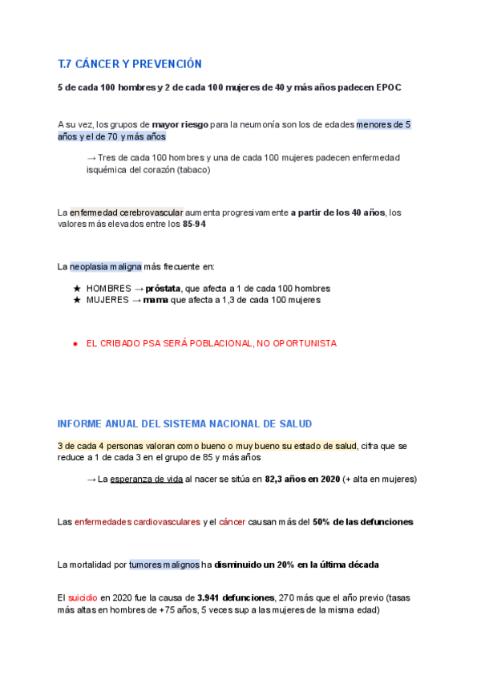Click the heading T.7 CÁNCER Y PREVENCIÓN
click(x=130, y=64)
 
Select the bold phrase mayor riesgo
click(x=180, y=125)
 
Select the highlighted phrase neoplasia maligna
click(x=106, y=266)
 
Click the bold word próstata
click(x=164, y=288)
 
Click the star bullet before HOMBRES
click(x=77, y=288)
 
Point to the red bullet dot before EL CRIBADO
click(x=75, y=343)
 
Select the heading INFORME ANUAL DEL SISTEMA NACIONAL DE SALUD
click(x=185, y=423)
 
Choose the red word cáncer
click(x=232, y=522)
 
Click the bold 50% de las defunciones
click(x=362, y=522)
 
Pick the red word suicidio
click(x=83, y=597)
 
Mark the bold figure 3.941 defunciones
click(x=236, y=597)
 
